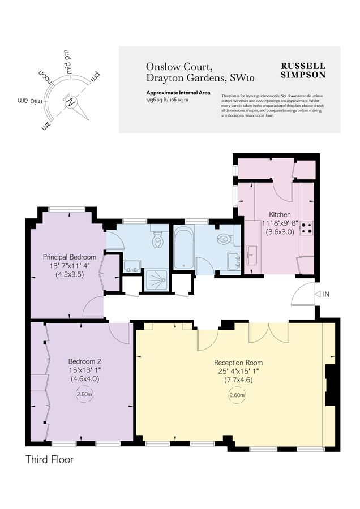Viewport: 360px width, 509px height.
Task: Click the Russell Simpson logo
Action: [x=303, y=70]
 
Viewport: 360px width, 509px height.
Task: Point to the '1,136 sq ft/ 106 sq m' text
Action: [x=167, y=99]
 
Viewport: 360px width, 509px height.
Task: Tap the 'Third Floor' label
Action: [x=50, y=459]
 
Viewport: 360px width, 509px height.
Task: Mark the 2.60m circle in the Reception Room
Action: [x=237, y=395]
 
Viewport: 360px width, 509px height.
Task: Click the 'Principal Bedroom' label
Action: [x=70, y=257]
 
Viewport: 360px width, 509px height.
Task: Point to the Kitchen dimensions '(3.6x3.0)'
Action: [x=280, y=232]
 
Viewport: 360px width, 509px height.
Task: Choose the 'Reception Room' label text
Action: [x=238, y=362]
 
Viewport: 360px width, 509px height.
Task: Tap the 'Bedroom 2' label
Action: [x=84, y=361]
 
